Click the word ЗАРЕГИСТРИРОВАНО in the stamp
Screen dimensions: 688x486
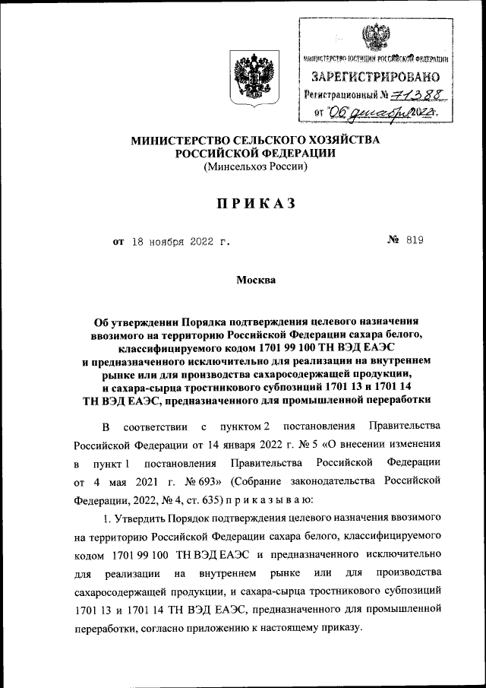coord(374,76)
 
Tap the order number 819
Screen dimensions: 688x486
coord(414,242)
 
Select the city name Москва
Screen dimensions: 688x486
coord(255,281)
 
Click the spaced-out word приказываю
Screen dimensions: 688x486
coord(264,499)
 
